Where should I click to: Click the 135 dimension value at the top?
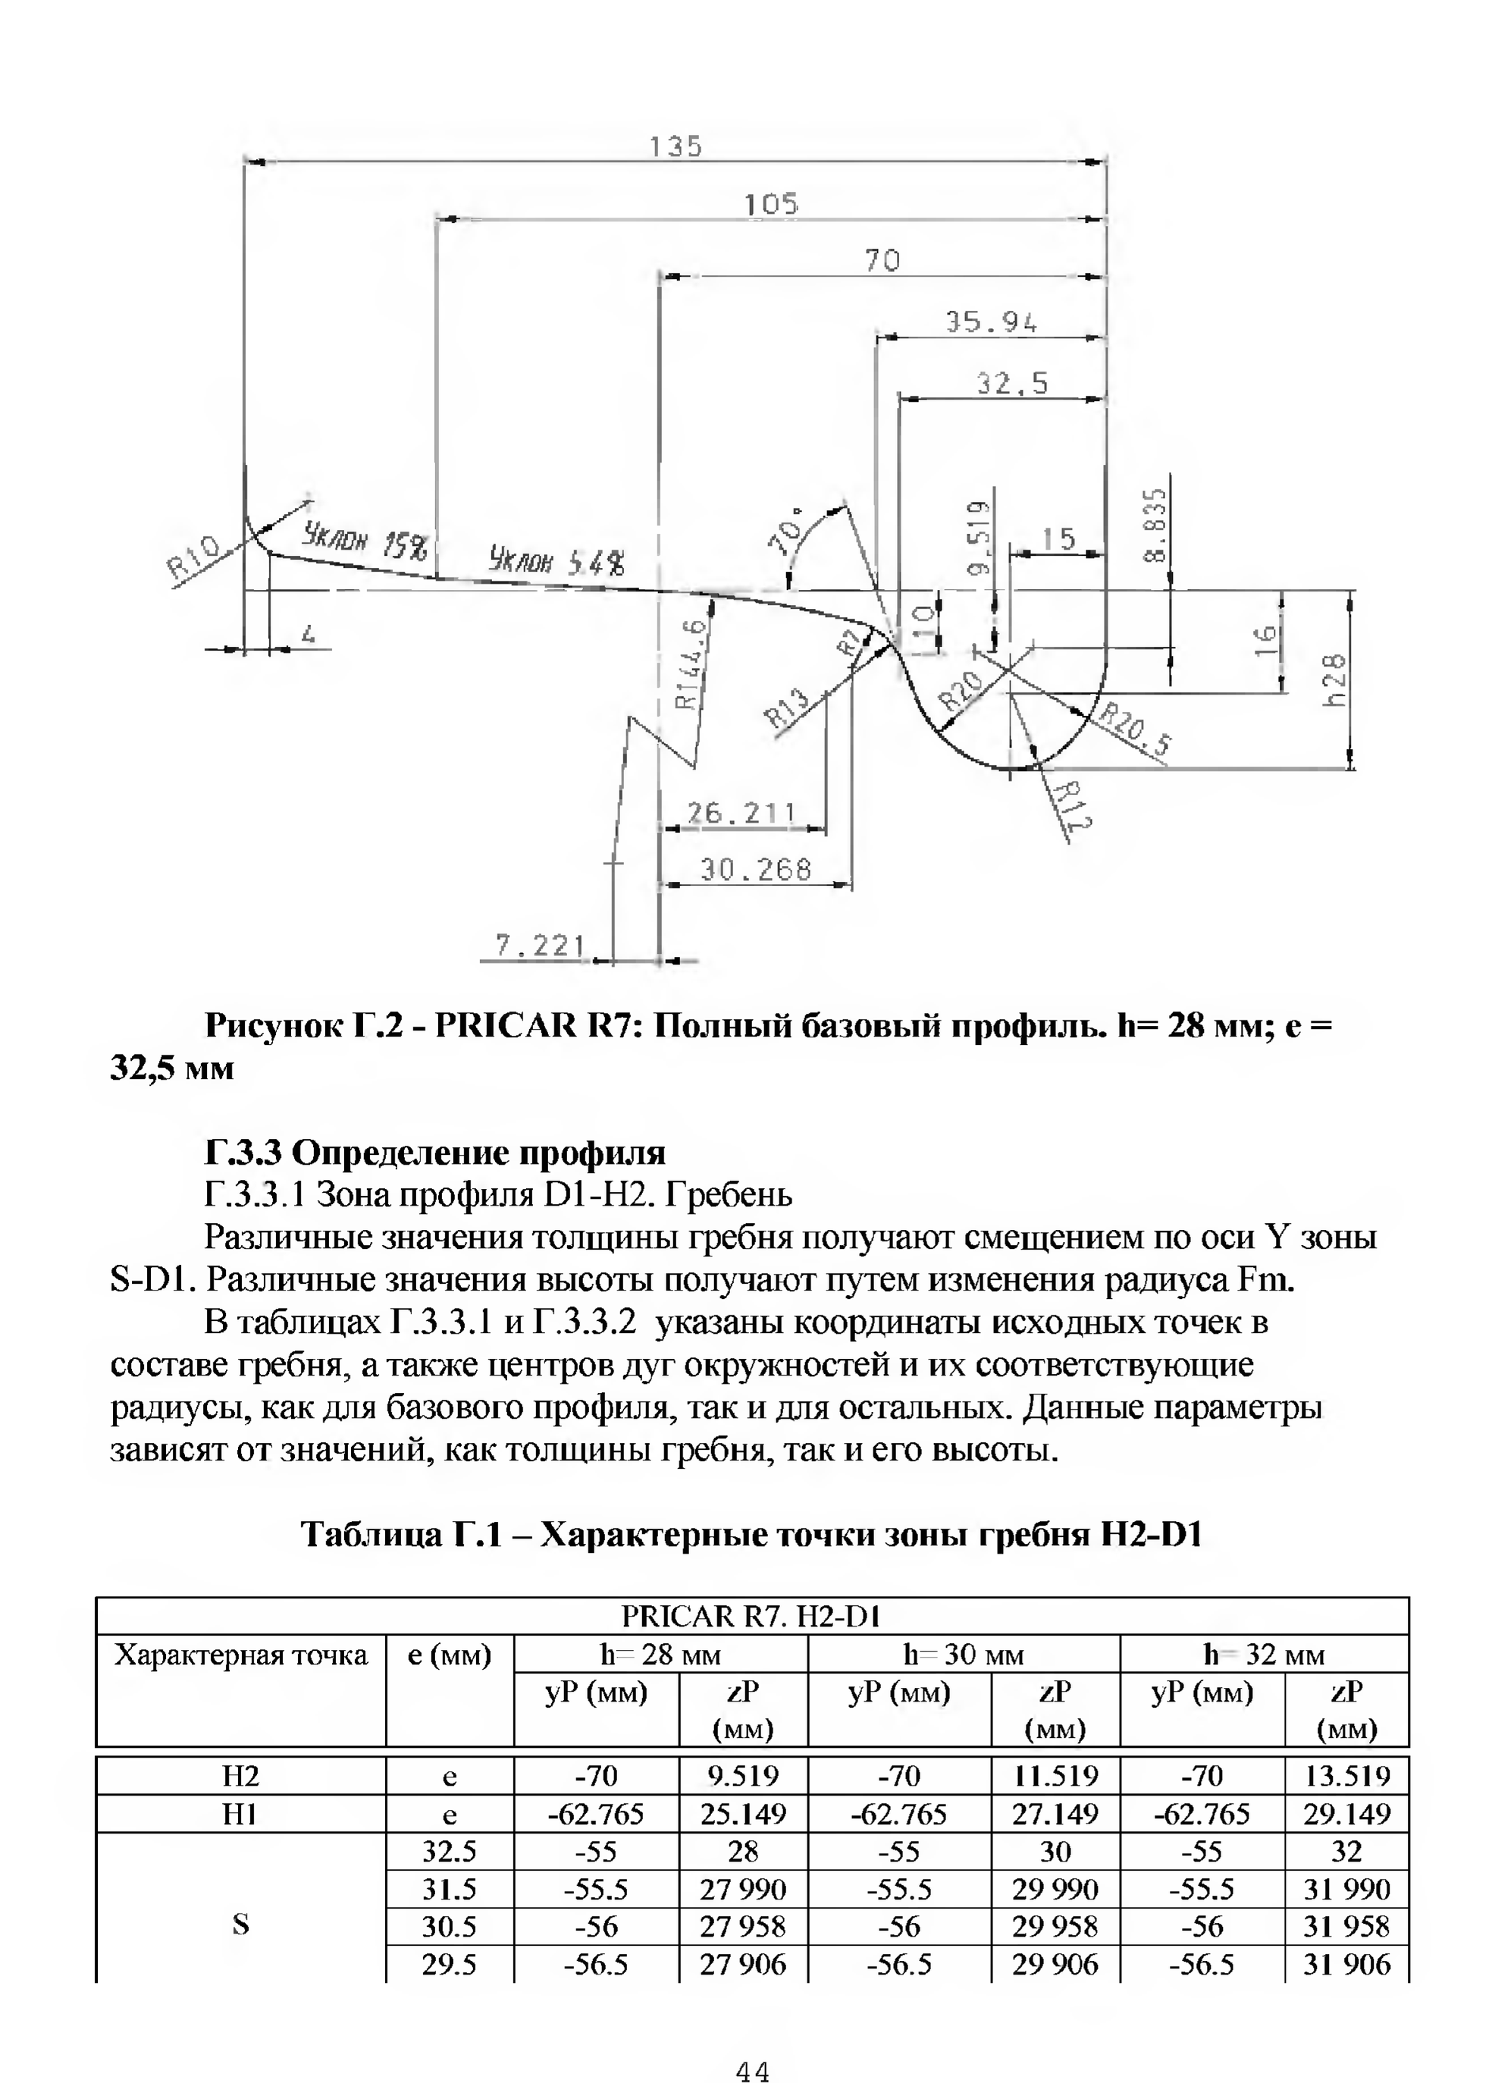pyautogui.click(x=675, y=147)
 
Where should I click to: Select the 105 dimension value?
pyautogui.click(x=770, y=204)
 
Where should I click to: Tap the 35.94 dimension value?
pyautogui.click(x=991, y=322)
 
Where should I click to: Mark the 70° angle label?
pyautogui.click(x=788, y=531)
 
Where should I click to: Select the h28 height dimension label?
pyautogui.click(x=1335, y=679)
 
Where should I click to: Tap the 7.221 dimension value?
pyautogui.click(x=539, y=945)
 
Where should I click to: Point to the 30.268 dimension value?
pyautogui.click(x=756, y=869)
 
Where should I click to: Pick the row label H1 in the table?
pyautogui.click(x=240, y=1814)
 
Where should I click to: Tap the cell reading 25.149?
pyautogui.click(x=743, y=1814)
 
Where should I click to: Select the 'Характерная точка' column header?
pyautogui.click(x=240, y=1655)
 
